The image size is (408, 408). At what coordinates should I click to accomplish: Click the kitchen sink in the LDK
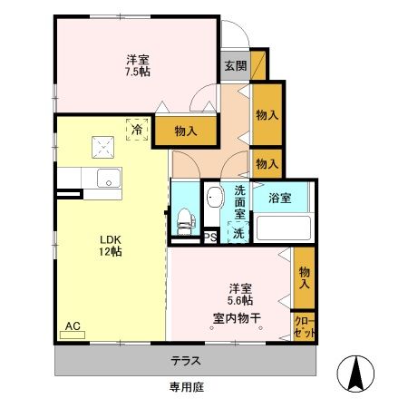pyautogui.click(x=108, y=178)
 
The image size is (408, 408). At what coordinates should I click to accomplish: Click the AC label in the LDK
pyautogui.click(x=72, y=325)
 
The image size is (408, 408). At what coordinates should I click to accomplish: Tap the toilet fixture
pyautogui.click(x=185, y=218)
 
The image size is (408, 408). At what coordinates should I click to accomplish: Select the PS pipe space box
pyautogui.click(x=209, y=238)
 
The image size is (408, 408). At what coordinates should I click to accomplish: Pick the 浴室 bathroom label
pyautogui.click(x=279, y=198)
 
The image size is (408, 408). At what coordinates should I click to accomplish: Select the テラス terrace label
pyautogui.click(x=186, y=361)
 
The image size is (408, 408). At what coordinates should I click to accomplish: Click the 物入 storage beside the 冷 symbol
pyautogui.click(x=185, y=131)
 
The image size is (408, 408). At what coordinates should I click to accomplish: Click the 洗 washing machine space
pyautogui.click(x=238, y=233)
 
